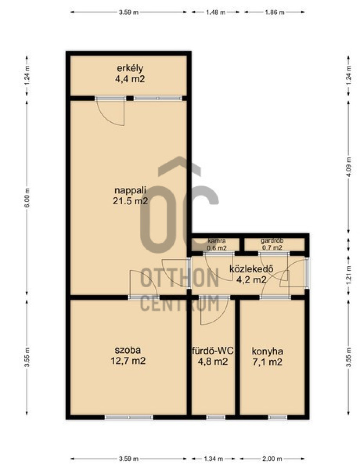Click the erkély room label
(130, 69)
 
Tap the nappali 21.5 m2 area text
(130, 201)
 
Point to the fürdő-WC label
(212, 351)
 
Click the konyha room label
(267, 352)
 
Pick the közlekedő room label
(251, 269)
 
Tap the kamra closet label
(216, 241)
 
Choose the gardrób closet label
(272, 241)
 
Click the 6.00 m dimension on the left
(27, 198)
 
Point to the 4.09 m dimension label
(348, 167)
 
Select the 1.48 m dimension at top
(216, 12)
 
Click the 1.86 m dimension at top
(275, 12)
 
